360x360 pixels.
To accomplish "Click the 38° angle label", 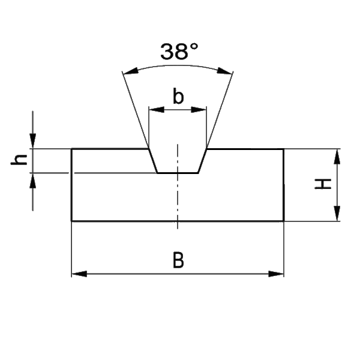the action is pyautogui.click(x=179, y=52).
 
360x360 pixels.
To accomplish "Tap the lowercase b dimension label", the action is pyautogui.click(x=178, y=96).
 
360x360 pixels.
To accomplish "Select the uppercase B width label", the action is pyautogui.click(x=178, y=260).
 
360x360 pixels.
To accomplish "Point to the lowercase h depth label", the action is pyautogui.click(x=19, y=160).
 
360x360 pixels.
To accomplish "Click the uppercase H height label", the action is pyautogui.click(x=323, y=184).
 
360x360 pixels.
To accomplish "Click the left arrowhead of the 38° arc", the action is pyautogui.click(x=130, y=71).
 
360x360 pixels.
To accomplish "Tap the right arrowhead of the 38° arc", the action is pyautogui.click(x=225, y=71).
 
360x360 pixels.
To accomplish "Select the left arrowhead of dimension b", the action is pyautogui.click(x=157, y=110).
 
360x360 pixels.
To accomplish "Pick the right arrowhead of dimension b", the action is pyautogui.click(x=199, y=110).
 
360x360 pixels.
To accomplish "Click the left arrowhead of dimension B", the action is pyautogui.click(x=79, y=274).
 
